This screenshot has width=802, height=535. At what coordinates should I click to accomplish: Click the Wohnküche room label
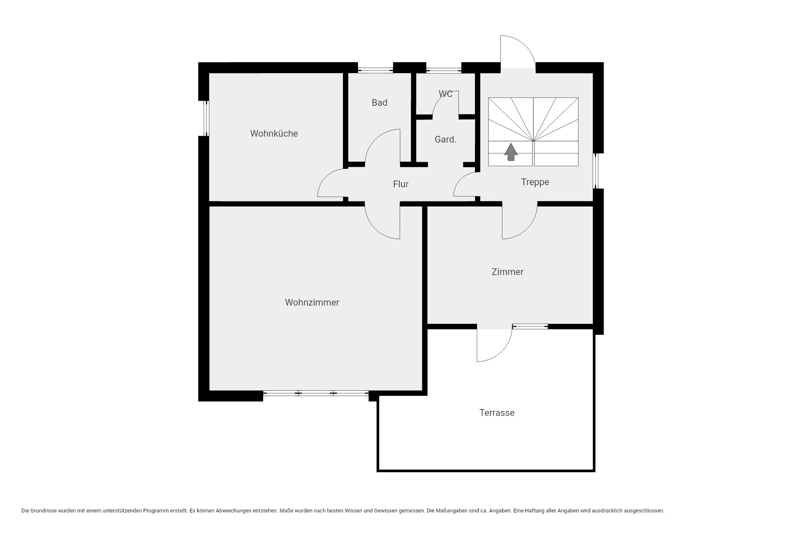click(274, 134)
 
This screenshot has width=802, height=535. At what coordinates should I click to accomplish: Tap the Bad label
click(379, 102)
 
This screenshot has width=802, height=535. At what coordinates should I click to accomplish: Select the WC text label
click(446, 94)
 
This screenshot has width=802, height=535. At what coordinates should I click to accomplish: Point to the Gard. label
click(445, 140)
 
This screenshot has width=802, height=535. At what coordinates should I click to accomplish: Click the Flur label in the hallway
click(401, 184)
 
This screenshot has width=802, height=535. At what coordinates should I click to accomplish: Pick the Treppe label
click(535, 182)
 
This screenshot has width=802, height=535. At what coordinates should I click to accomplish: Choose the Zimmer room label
click(508, 272)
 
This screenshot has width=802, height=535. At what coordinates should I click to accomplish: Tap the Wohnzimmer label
click(312, 303)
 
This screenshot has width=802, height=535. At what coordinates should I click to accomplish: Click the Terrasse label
click(497, 413)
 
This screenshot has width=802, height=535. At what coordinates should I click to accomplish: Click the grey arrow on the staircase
click(511, 152)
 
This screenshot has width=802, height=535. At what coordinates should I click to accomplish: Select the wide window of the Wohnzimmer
click(316, 393)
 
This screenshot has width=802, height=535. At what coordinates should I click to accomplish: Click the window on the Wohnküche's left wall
click(206, 118)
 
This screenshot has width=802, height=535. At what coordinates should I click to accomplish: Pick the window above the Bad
click(376, 70)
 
